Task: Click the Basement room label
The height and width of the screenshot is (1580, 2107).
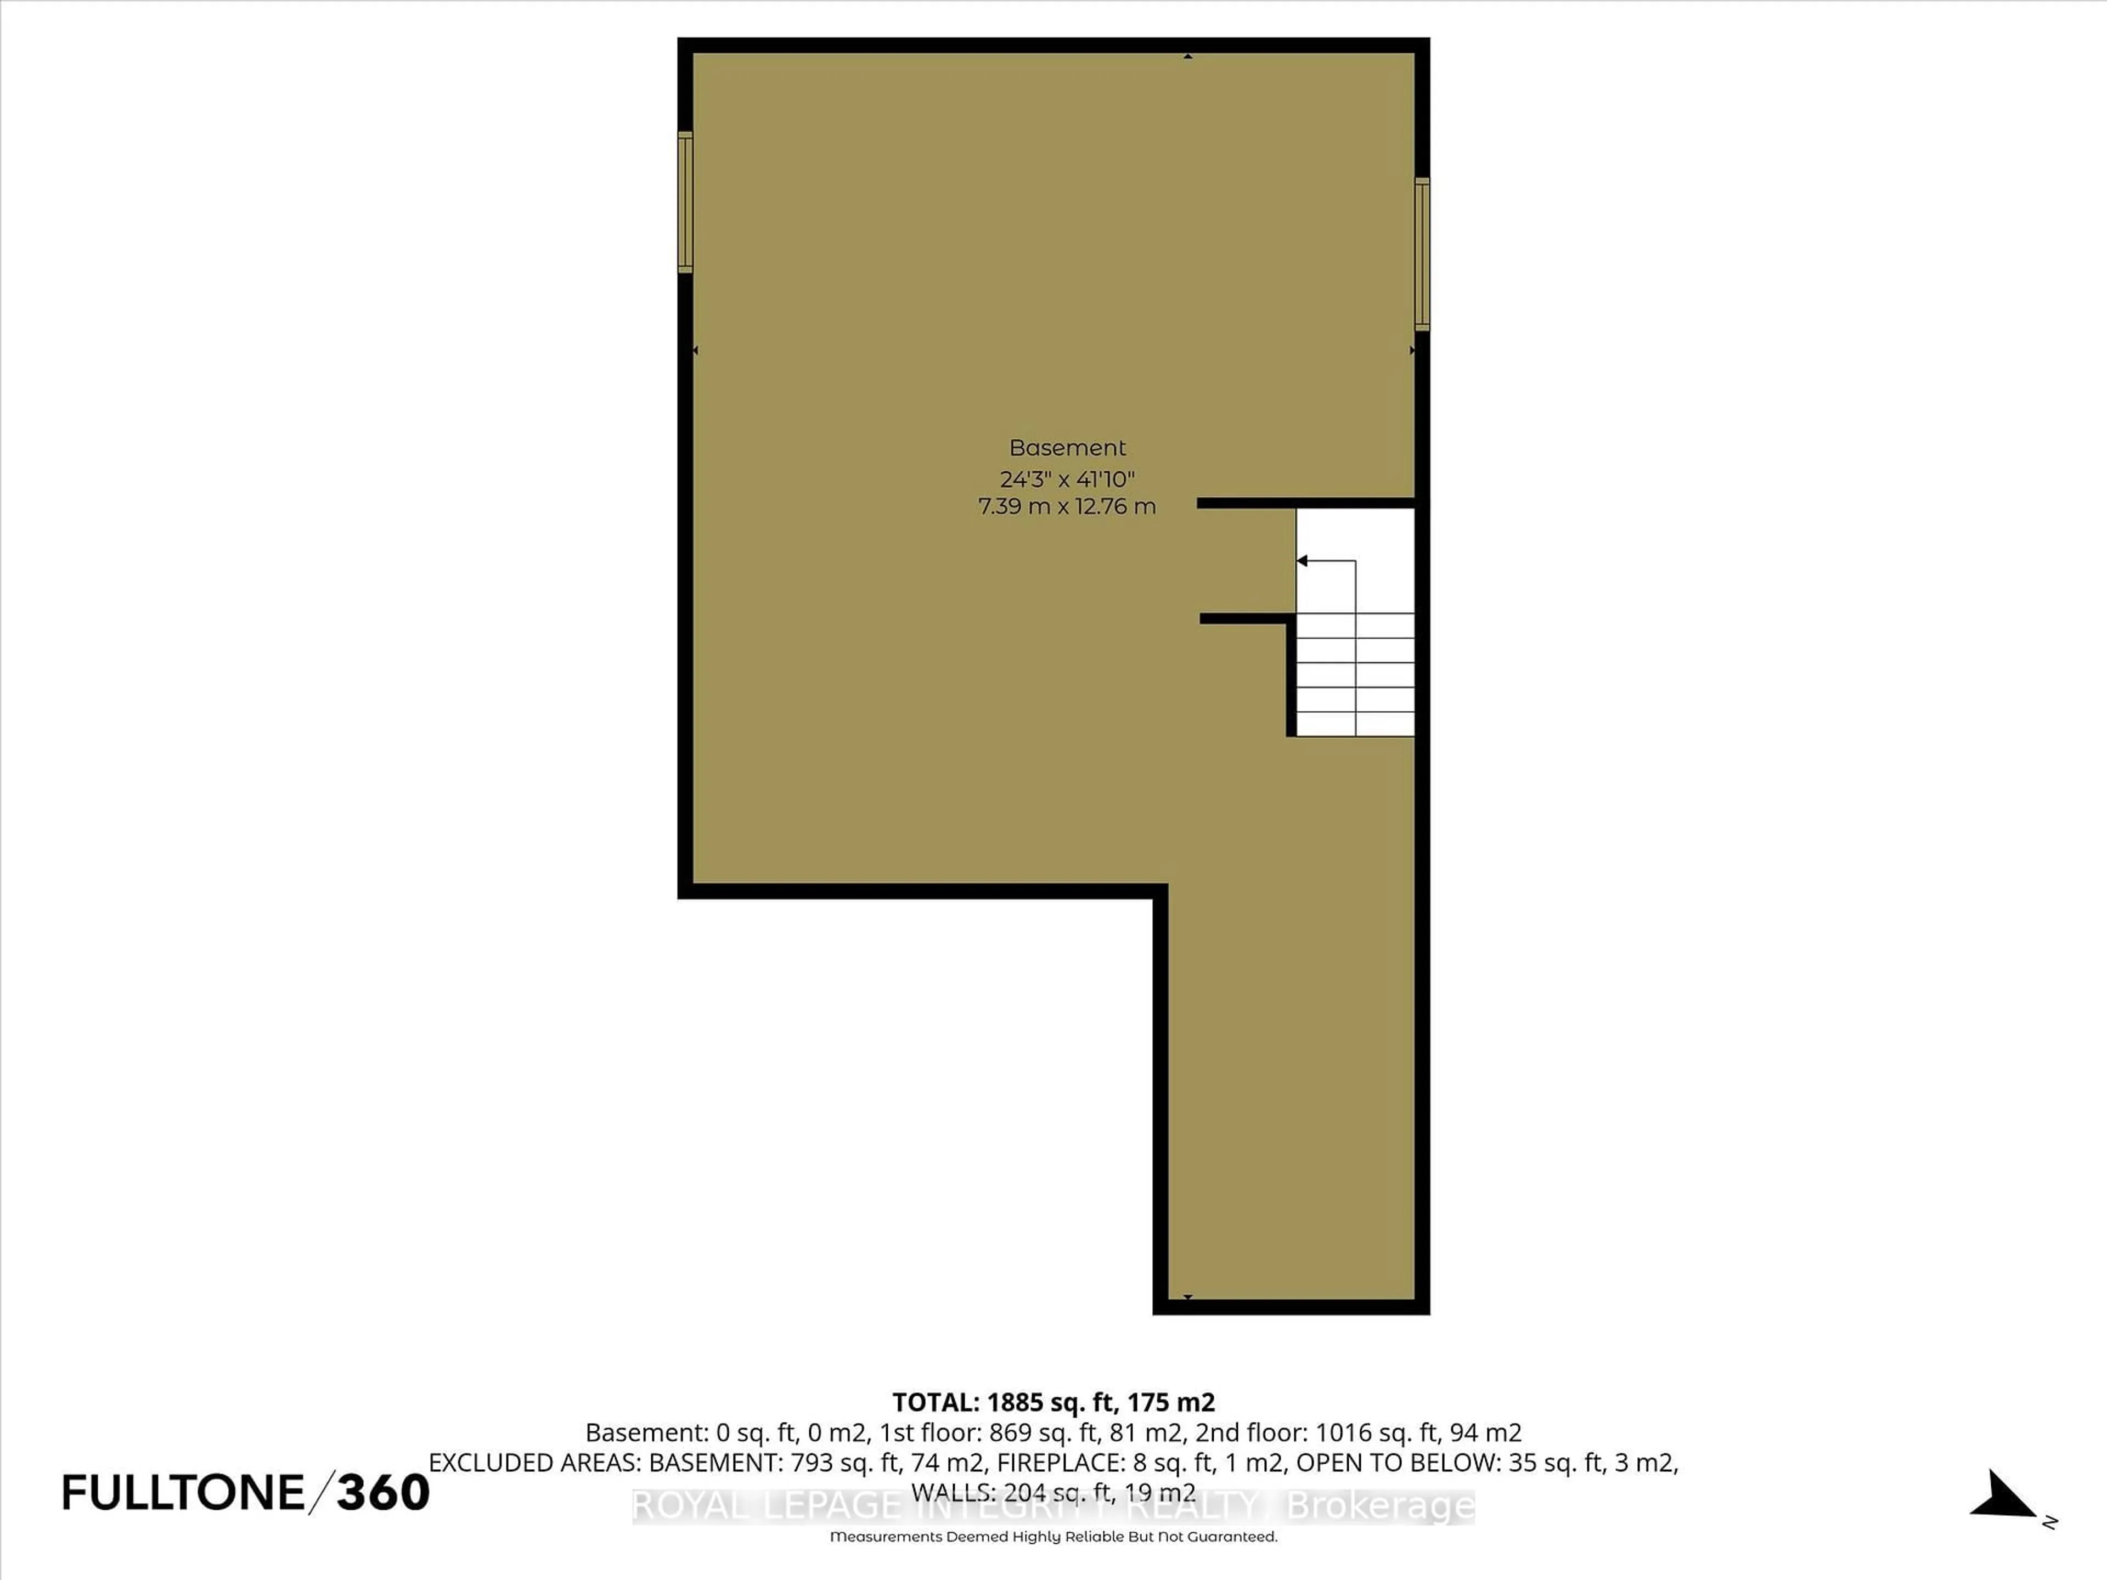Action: point(1067,448)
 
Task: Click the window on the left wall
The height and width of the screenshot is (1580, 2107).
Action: point(685,202)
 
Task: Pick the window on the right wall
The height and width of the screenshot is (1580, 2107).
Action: point(1421,255)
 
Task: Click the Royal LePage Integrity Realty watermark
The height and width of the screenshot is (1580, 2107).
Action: point(1052,1506)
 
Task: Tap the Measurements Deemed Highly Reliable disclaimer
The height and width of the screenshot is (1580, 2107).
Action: point(1052,1536)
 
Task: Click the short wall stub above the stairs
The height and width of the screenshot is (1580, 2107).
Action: point(1305,503)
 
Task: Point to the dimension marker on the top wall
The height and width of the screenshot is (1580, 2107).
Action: point(1188,56)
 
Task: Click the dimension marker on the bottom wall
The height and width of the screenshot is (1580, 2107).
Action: point(1188,1297)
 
